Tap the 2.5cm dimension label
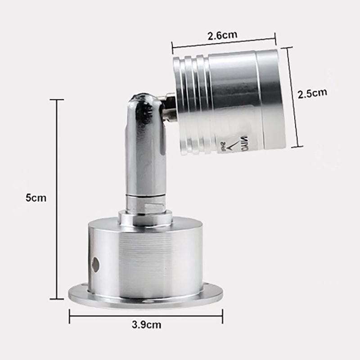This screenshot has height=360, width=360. [x=312, y=93]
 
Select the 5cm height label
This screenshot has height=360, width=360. [x=36, y=198]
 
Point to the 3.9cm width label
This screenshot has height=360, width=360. [x=146, y=324]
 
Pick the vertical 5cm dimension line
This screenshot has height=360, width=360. [x=57, y=198]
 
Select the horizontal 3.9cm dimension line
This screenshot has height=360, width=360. [x=146, y=316]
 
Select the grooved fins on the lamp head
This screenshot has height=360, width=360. [x=191, y=101]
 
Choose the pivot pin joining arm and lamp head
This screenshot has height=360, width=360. [x=168, y=108]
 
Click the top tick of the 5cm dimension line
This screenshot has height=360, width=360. [x=57, y=99]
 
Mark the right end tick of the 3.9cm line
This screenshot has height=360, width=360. [x=222, y=316]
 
